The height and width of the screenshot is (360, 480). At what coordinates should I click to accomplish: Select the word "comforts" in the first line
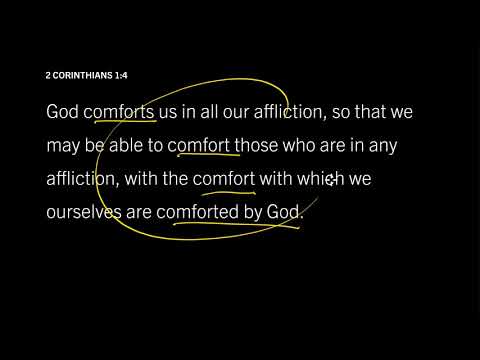[x=119, y=112]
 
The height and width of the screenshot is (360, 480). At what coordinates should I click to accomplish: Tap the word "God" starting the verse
[x=63, y=112]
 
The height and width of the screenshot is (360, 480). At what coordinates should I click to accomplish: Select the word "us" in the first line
[x=172, y=112]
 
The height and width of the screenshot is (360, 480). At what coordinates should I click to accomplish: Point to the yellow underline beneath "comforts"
[x=119, y=124]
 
